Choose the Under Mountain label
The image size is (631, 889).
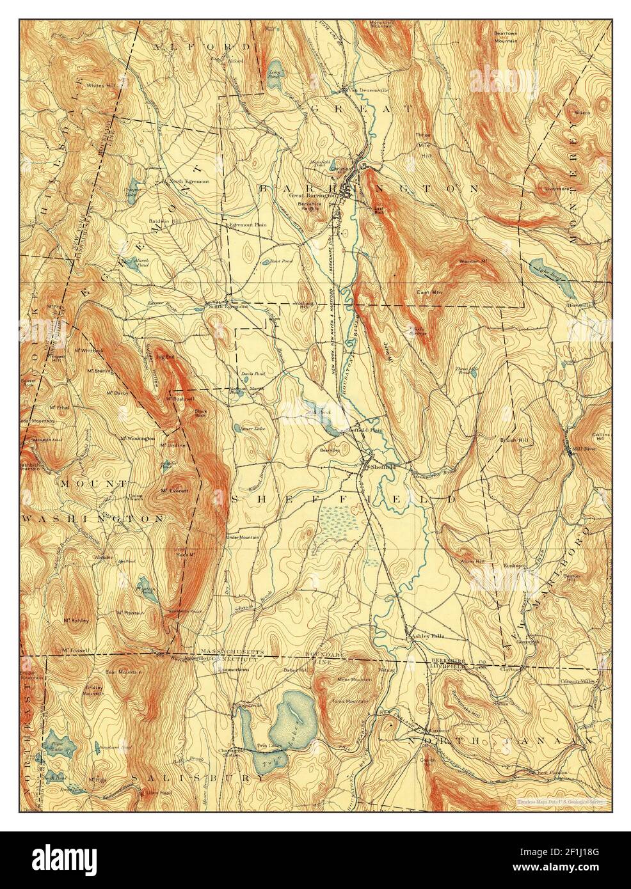tap(243, 537)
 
